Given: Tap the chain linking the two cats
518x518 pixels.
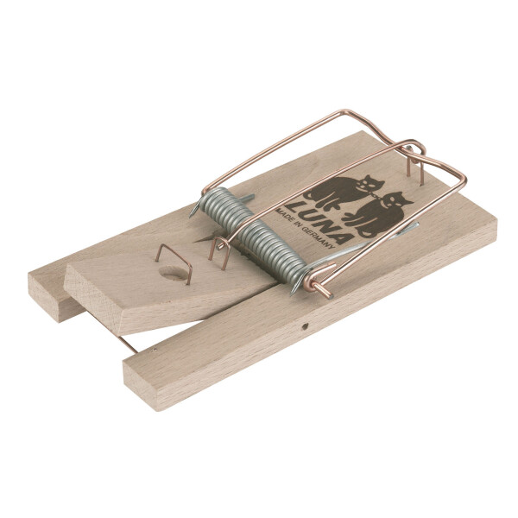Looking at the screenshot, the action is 377,196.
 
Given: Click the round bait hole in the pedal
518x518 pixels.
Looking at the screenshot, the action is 174,273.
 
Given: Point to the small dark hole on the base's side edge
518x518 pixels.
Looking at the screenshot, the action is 304,326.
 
